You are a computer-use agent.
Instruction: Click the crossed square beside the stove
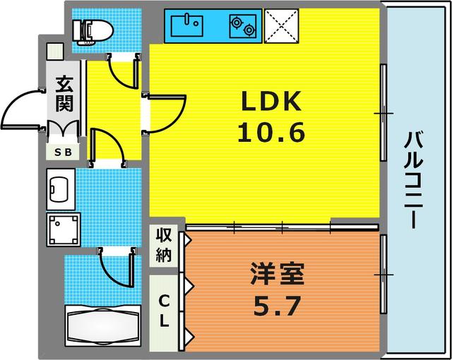click(x=280, y=27)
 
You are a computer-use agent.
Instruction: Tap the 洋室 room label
click(x=277, y=273)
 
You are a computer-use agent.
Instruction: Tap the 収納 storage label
click(x=165, y=244)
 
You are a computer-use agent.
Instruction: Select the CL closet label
click(x=165, y=311)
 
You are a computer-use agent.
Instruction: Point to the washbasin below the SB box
click(x=60, y=188)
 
